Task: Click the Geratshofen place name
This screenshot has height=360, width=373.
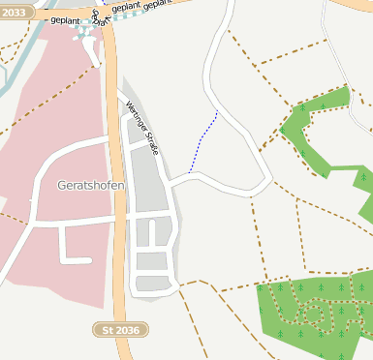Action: [x=92, y=184]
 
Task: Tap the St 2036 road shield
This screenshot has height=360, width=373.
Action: [x=120, y=330]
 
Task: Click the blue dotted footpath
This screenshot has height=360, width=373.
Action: [x=203, y=141]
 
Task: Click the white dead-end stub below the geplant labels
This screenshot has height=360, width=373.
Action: [x=96, y=53]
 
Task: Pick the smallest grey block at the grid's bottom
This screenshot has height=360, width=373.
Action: [x=152, y=284]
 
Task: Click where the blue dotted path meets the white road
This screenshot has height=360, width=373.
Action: [x=190, y=173]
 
